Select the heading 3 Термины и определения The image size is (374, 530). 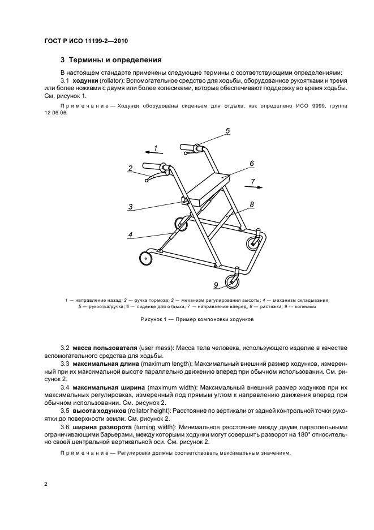[x=111, y=59]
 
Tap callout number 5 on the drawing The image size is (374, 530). [x=227, y=131]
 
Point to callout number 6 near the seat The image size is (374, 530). [x=251, y=163]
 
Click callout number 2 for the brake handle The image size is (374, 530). [x=130, y=168]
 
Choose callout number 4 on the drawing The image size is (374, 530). [x=130, y=234]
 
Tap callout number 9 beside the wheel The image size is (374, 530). [x=216, y=285]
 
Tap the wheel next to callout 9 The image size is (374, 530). [x=232, y=281]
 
